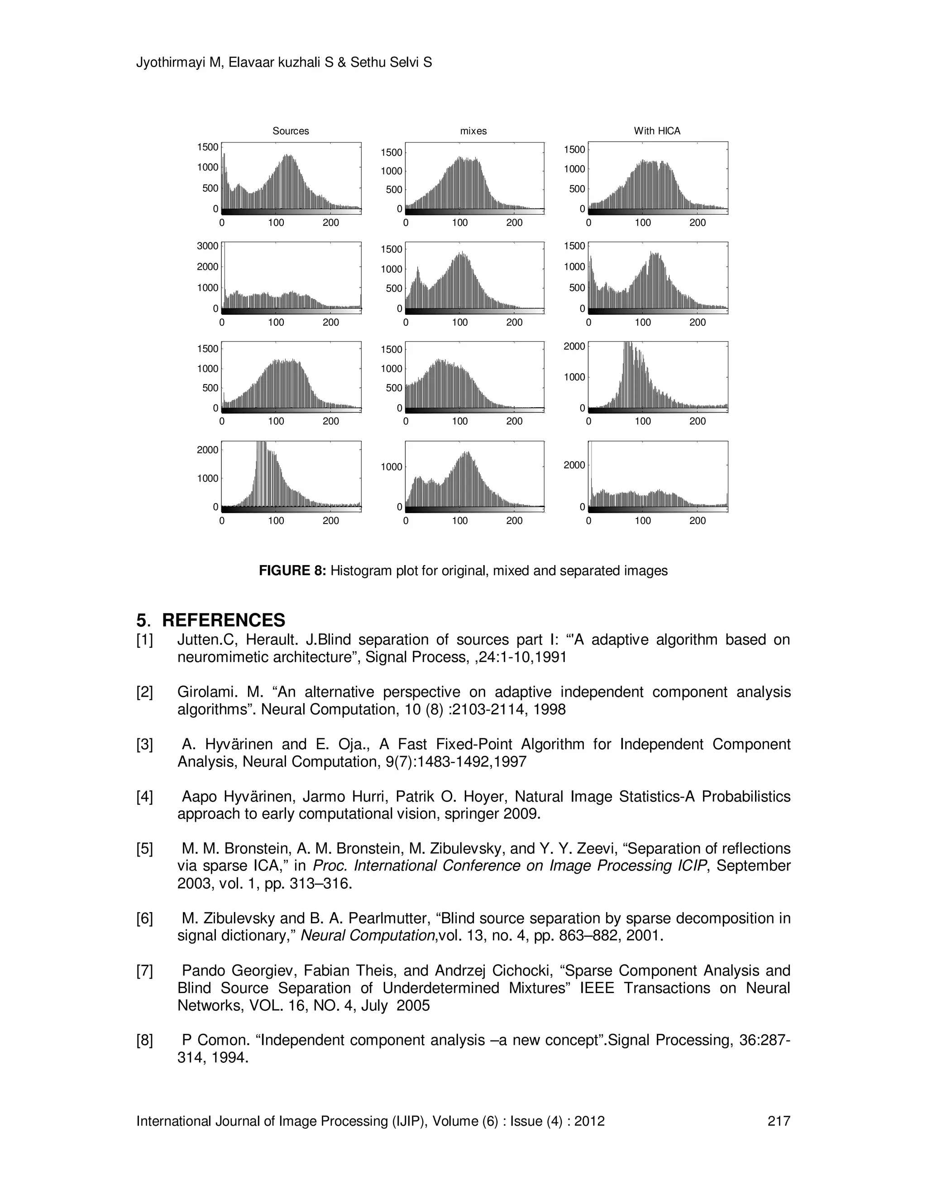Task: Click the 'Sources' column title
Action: point(291,131)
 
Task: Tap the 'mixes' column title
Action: point(473,131)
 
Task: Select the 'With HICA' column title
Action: point(657,131)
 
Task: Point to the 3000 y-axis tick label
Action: point(208,246)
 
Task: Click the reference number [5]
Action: point(144,849)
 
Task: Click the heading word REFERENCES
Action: point(224,620)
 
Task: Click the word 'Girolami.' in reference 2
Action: point(204,692)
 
